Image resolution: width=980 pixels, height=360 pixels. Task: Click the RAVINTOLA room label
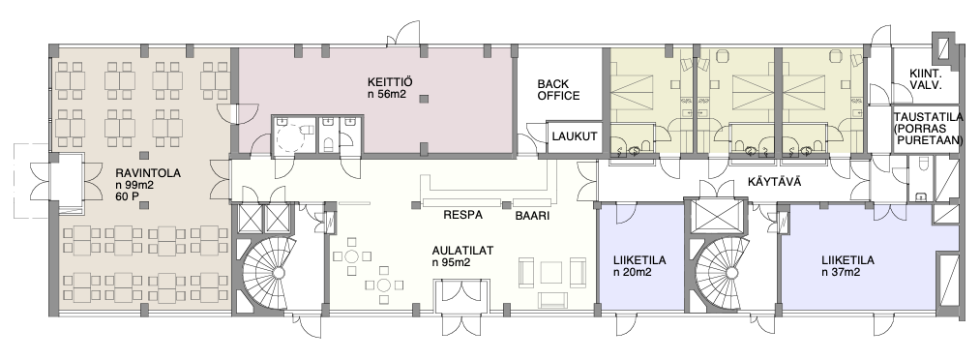coord(148,174)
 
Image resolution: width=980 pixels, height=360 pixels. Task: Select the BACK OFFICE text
coord(559,90)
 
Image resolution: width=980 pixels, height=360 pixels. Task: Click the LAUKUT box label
coord(575,135)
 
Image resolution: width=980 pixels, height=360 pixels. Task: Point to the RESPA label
coord(462,216)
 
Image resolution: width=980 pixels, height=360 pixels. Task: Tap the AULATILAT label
coord(463,252)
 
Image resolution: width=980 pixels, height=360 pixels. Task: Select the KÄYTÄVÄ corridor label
coord(774,183)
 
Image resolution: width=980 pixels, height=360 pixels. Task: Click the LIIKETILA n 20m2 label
coord(639,266)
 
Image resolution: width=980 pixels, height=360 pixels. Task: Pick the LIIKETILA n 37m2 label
coord(848,266)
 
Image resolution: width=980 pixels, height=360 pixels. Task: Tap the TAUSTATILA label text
coord(927,129)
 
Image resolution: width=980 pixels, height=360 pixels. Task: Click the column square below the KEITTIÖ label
coord(424,99)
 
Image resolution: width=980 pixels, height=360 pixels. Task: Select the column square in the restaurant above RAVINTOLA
coord(144,155)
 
